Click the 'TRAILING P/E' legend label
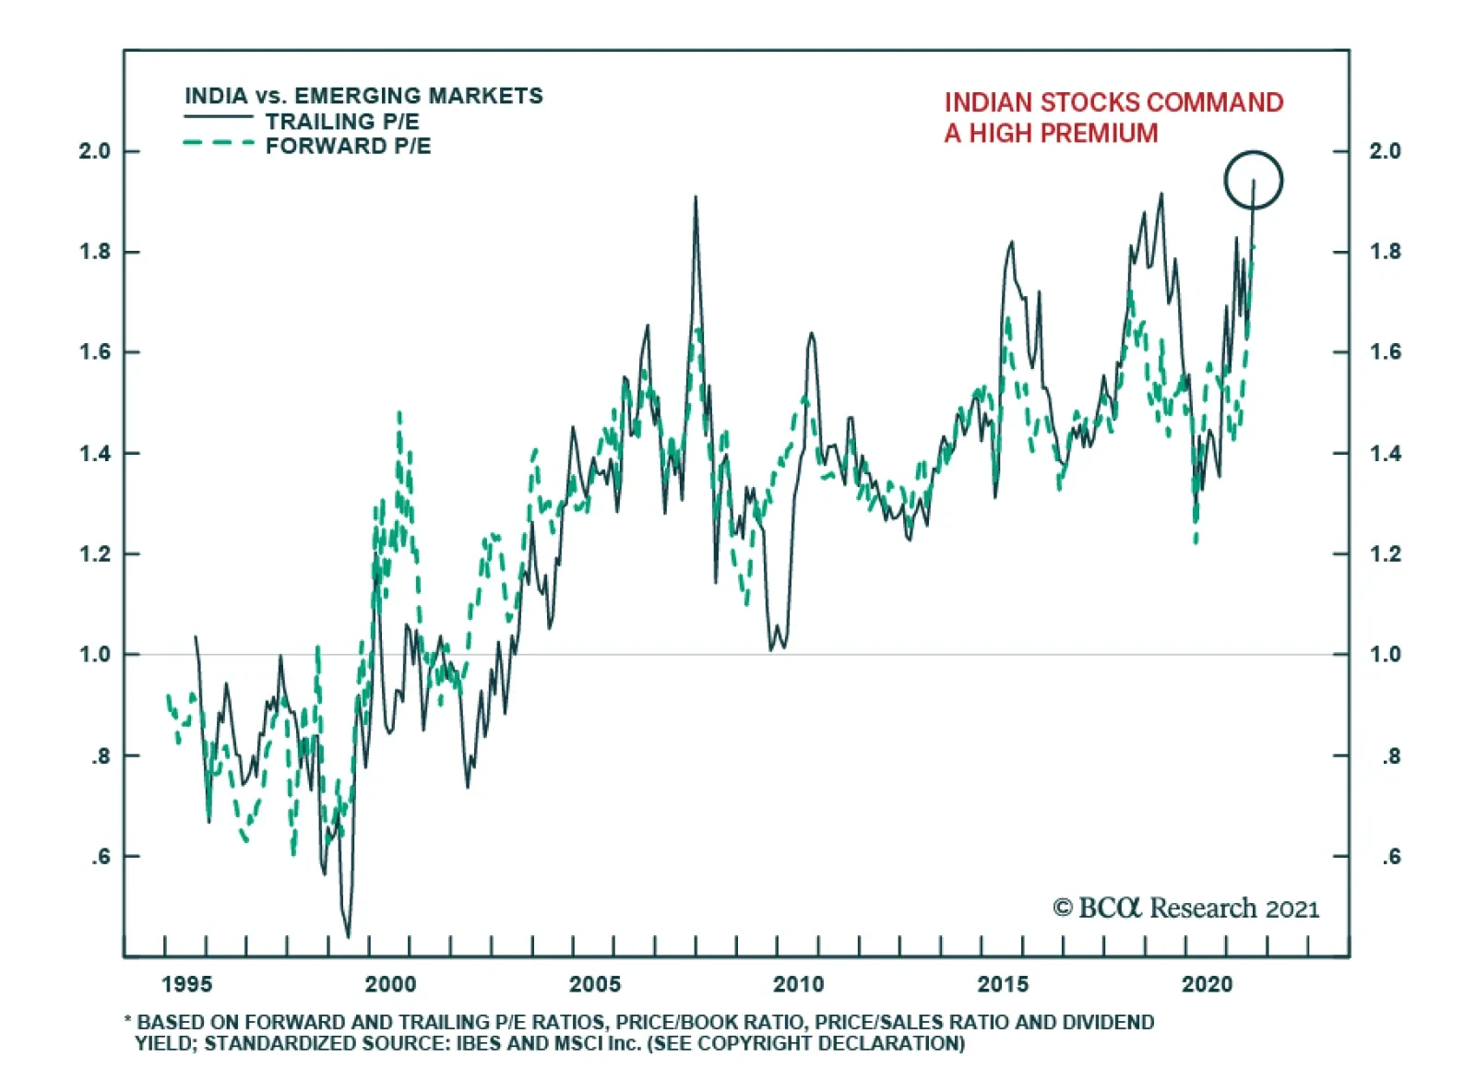click(x=342, y=122)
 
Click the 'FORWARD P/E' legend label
click(x=348, y=147)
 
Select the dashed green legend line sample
click(x=219, y=144)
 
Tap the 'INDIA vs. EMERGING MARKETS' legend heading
click(x=363, y=96)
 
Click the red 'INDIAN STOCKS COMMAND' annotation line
click(x=1113, y=102)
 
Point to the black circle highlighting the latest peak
click(x=1254, y=180)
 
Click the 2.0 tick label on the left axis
click(x=94, y=151)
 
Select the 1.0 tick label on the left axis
click(x=94, y=655)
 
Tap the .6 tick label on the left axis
click(x=100, y=857)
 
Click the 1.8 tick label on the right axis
click(x=1385, y=252)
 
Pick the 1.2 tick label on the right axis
click(x=1385, y=554)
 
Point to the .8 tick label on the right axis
click(x=1390, y=756)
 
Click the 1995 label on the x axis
click(x=186, y=984)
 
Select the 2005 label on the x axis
click(x=595, y=984)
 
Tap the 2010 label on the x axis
click(x=799, y=984)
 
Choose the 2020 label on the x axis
click(x=1207, y=984)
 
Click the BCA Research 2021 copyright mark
click(x=1185, y=909)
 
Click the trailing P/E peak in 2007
click(x=696, y=197)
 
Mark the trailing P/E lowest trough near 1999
click(x=348, y=936)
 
